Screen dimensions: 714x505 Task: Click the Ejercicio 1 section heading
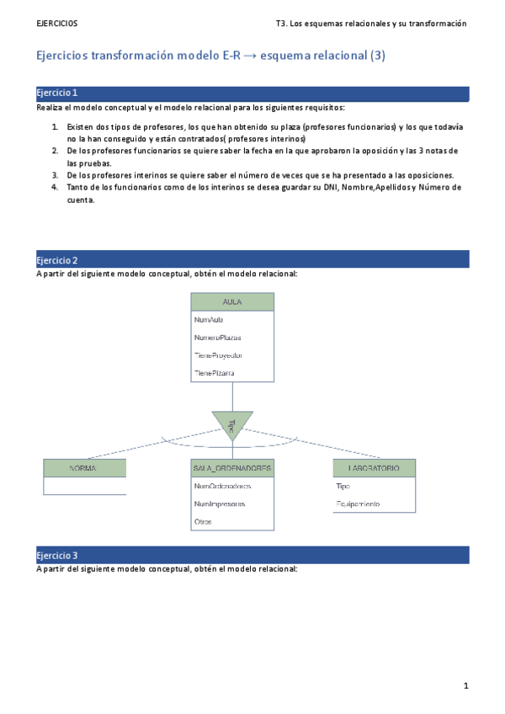tap(58, 93)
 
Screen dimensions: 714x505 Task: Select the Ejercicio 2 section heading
tap(58, 259)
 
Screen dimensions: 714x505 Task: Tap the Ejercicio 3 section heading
tap(58, 556)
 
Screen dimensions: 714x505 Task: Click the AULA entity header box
tap(232, 301)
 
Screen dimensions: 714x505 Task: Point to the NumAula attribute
tap(209, 320)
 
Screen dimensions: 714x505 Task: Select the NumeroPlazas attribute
tap(217, 338)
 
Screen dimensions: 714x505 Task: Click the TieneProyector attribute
tap(218, 354)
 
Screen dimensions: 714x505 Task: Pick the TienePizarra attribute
tap(214, 372)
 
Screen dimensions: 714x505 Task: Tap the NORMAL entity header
tap(84, 467)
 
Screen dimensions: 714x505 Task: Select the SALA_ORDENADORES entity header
tap(232, 467)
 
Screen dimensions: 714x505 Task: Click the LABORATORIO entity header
tap(372, 467)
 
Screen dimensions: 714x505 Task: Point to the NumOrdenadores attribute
tap(222, 486)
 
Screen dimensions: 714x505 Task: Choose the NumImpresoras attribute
tap(220, 504)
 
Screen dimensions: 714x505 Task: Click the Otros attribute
tap(203, 522)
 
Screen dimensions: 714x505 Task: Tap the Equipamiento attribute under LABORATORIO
tap(358, 504)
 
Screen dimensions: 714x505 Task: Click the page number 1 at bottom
tap(465, 685)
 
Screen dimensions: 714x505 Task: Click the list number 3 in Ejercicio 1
tap(55, 175)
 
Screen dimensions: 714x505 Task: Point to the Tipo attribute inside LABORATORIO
tap(343, 486)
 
